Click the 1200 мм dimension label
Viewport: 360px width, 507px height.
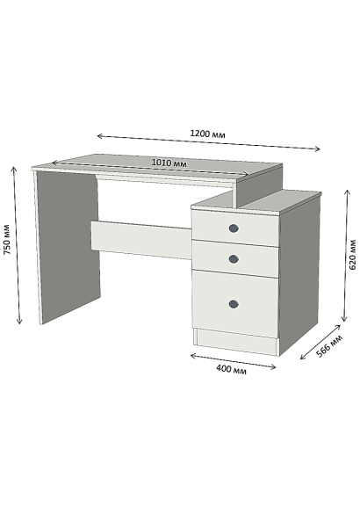click(x=207, y=134)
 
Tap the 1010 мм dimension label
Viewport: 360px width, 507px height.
click(x=169, y=163)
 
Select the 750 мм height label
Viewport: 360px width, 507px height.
click(x=7, y=239)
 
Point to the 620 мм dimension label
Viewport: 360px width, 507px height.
click(x=352, y=255)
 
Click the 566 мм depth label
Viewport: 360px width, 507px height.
click(x=329, y=346)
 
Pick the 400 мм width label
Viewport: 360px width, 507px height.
click(x=231, y=369)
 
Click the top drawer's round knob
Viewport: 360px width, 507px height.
click(x=234, y=228)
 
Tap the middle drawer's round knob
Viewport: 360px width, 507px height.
click(x=234, y=259)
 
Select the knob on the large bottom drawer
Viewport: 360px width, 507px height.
click(x=234, y=304)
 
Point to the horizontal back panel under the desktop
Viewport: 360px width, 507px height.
click(x=141, y=240)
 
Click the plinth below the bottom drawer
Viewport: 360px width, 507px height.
click(x=237, y=342)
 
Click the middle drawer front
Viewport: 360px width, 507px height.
click(x=235, y=258)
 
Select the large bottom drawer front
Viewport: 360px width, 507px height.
click(x=235, y=304)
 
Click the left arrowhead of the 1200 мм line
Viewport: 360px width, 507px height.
click(x=98, y=136)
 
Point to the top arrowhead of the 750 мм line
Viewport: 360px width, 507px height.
click(x=14, y=168)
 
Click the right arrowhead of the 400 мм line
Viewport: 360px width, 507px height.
click(x=275, y=366)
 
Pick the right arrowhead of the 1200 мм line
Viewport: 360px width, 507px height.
click(x=319, y=148)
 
